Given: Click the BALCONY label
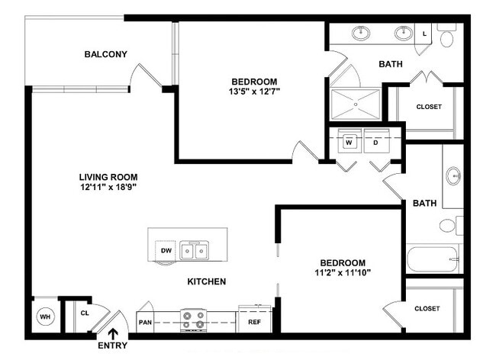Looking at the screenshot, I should coord(105,54).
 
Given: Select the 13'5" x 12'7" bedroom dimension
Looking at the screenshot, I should coord(254,92).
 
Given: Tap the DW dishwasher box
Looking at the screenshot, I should coord(166,249).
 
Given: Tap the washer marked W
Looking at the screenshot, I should coord(349,142).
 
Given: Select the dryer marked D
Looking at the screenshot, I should coord(375,142).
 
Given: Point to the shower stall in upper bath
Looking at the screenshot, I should coord(355,103).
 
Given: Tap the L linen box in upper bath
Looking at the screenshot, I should coord(425,33).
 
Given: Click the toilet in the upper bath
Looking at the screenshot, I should coord(448,35).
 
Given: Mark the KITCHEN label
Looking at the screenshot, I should coord(206,281).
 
